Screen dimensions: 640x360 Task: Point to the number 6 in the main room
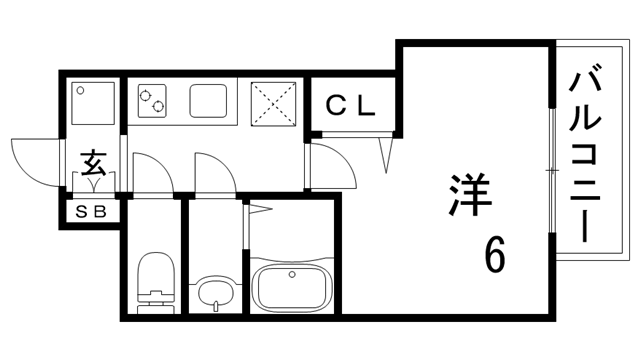click(495, 255)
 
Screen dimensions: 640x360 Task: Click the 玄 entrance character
click(94, 160)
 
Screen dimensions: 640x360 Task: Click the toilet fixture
click(155, 281)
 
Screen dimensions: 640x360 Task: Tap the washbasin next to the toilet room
click(215, 294)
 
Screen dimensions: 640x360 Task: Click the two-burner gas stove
click(154, 100)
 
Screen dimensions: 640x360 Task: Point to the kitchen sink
click(211, 100)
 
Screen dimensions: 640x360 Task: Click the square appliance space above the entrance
click(92, 104)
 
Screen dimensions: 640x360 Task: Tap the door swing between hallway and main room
click(330, 164)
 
